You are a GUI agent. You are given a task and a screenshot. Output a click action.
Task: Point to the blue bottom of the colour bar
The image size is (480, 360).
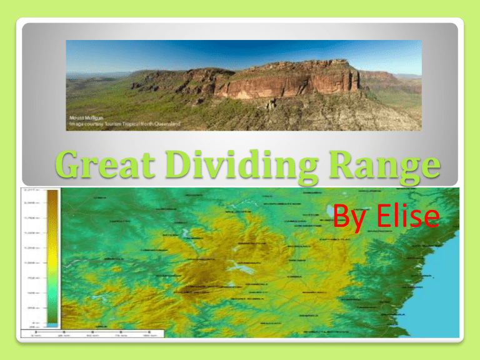point(52,324)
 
